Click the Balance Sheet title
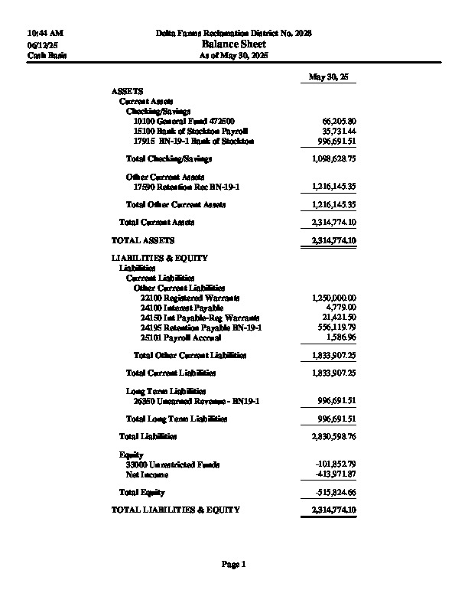[233, 44]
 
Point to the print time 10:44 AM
[44, 34]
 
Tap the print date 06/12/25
[42, 45]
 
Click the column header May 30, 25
[328, 77]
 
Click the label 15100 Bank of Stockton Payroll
[190, 131]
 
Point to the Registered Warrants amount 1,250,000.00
[334, 298]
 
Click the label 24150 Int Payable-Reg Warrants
[200, 318]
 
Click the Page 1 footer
[233, 565]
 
